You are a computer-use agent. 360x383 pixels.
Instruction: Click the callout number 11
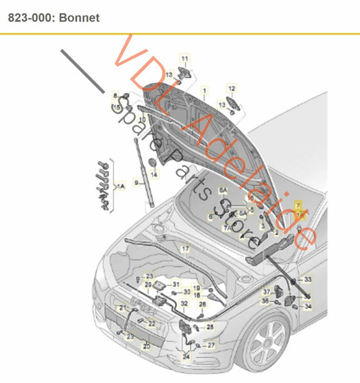pyautogui.click(x=184, y=59)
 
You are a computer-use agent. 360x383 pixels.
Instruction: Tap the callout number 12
pyautogui.click(x=231, y=88)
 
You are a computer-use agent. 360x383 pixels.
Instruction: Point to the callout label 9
pyautogui.click(x=135, y=182)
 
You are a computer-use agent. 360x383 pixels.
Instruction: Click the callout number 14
pyautogui.click(x=154, y=175)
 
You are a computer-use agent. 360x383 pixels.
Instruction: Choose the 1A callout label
pyautogui.click(x=121, y=185)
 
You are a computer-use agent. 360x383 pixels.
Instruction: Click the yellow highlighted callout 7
pyautogui.click(x=298, y=204)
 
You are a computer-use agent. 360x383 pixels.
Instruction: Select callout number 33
pyautogui.click(x=308, y=279)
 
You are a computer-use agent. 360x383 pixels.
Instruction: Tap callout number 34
pyautogui.click(x=308, y=306)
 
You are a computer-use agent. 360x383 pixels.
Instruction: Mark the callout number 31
pyautogui.click(x=176, y=284)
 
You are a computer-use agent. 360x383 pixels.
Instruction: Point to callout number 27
pyautogui.click(x=211, y=344)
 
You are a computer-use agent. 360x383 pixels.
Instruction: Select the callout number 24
pyautogui.click(x=186, y=356)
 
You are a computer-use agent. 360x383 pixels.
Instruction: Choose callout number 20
pyautogui.click(x=146, y=346)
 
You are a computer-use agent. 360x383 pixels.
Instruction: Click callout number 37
pyautogui.click(x=266, y=291)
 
